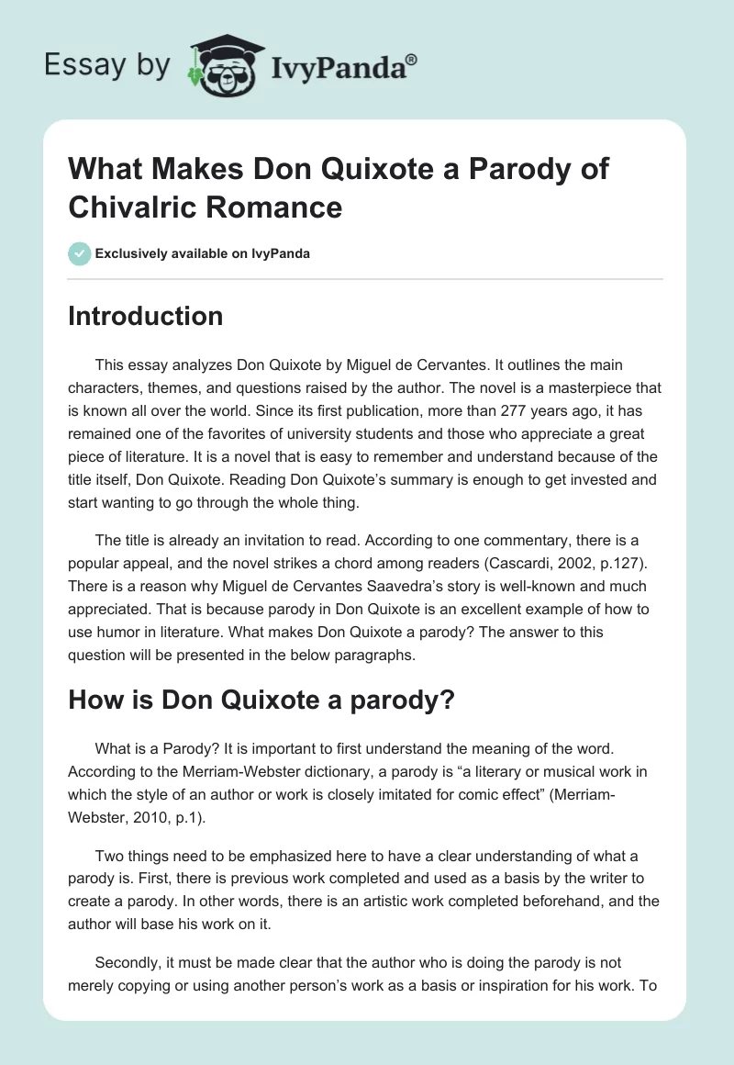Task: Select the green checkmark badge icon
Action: coord(80,253)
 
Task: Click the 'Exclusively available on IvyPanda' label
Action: coord(202,253)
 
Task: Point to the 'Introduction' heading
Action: coord(146,316)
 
